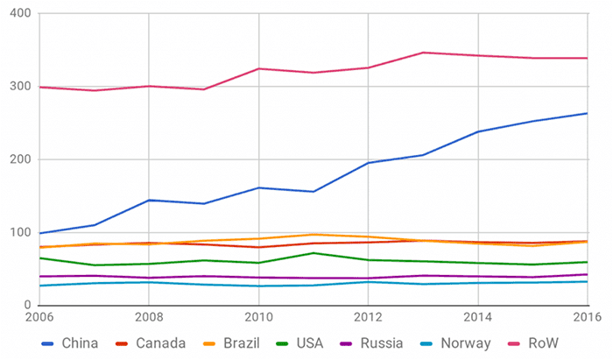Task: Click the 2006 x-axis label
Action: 40,317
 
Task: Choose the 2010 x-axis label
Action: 258,317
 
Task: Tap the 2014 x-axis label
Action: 477,317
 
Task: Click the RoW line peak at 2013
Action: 423,53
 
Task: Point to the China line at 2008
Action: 149,200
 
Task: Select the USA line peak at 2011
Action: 314,252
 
